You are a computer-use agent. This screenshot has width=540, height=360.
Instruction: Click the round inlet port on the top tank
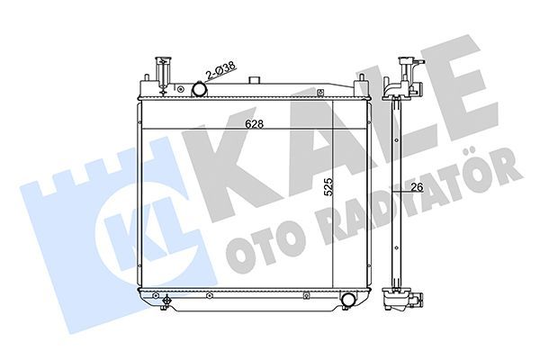200,89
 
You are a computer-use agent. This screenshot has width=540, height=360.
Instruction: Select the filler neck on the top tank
161,70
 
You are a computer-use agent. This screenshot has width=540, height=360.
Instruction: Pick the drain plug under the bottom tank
164,302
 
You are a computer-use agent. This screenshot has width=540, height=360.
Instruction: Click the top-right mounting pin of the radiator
364,84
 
